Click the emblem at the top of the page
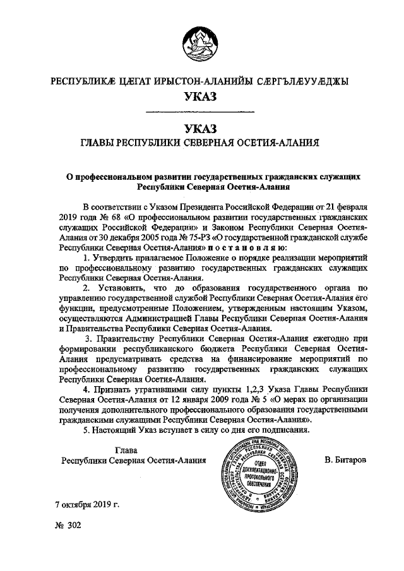[201, 44]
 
